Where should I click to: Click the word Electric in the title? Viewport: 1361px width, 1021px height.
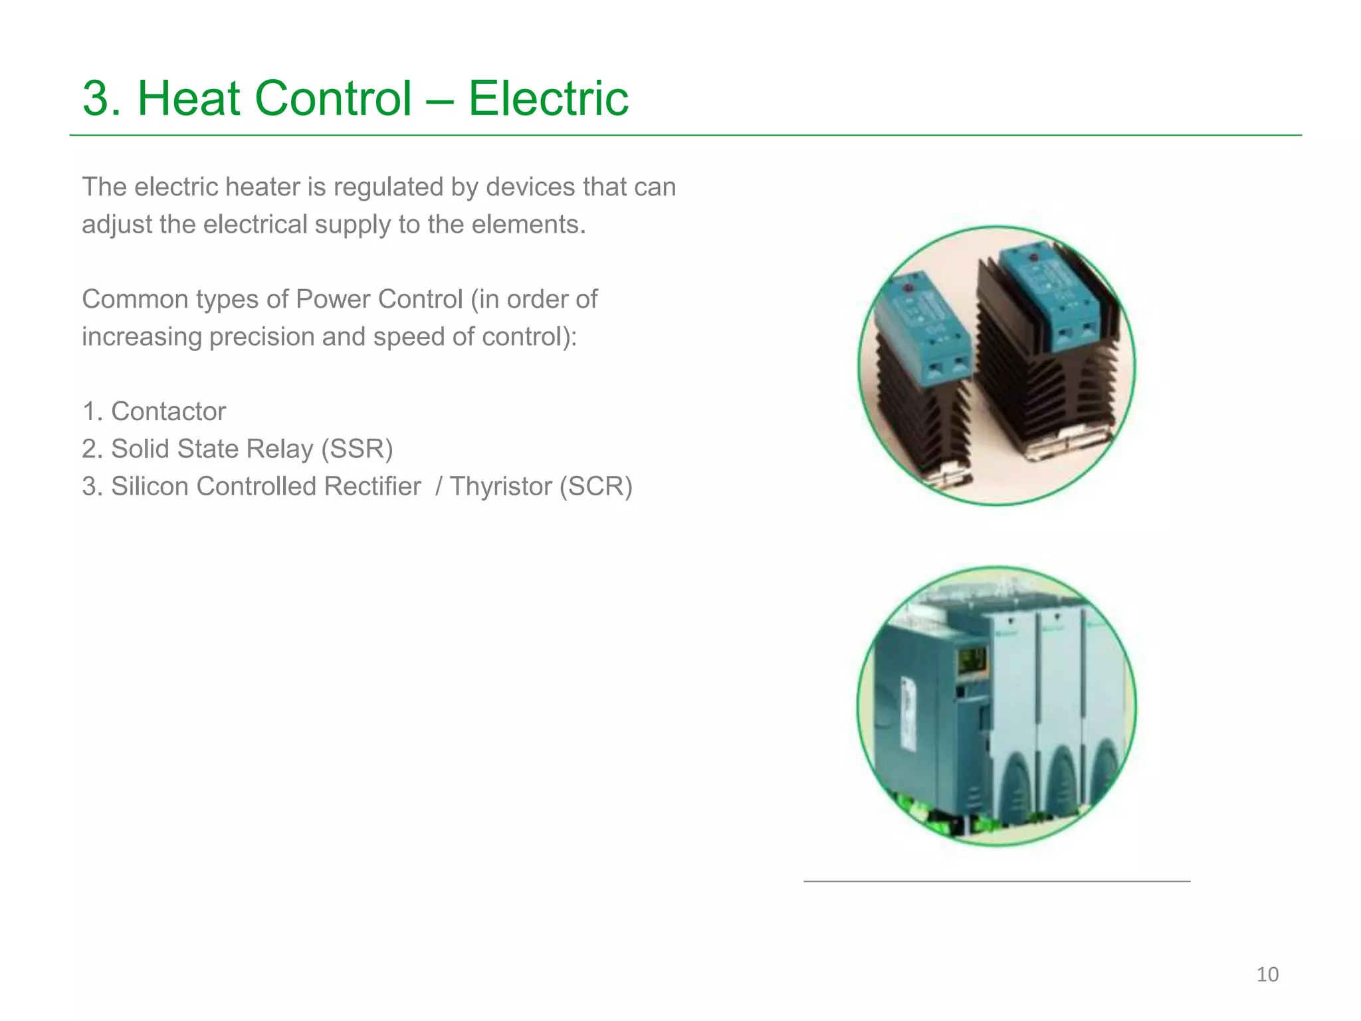(x=548, y=98)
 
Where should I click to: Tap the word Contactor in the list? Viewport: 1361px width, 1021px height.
(x=168, y=411)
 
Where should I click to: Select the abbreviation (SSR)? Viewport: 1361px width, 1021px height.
(x=357, y=449)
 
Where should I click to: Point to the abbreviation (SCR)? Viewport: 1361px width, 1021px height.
(x=595, y=486)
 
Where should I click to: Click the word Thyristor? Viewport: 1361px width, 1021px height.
(x=500, y=486)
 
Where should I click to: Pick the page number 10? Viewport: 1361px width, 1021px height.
(x=1267, y=974)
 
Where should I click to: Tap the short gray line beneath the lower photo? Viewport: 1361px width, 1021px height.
(x=997, y=881)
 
